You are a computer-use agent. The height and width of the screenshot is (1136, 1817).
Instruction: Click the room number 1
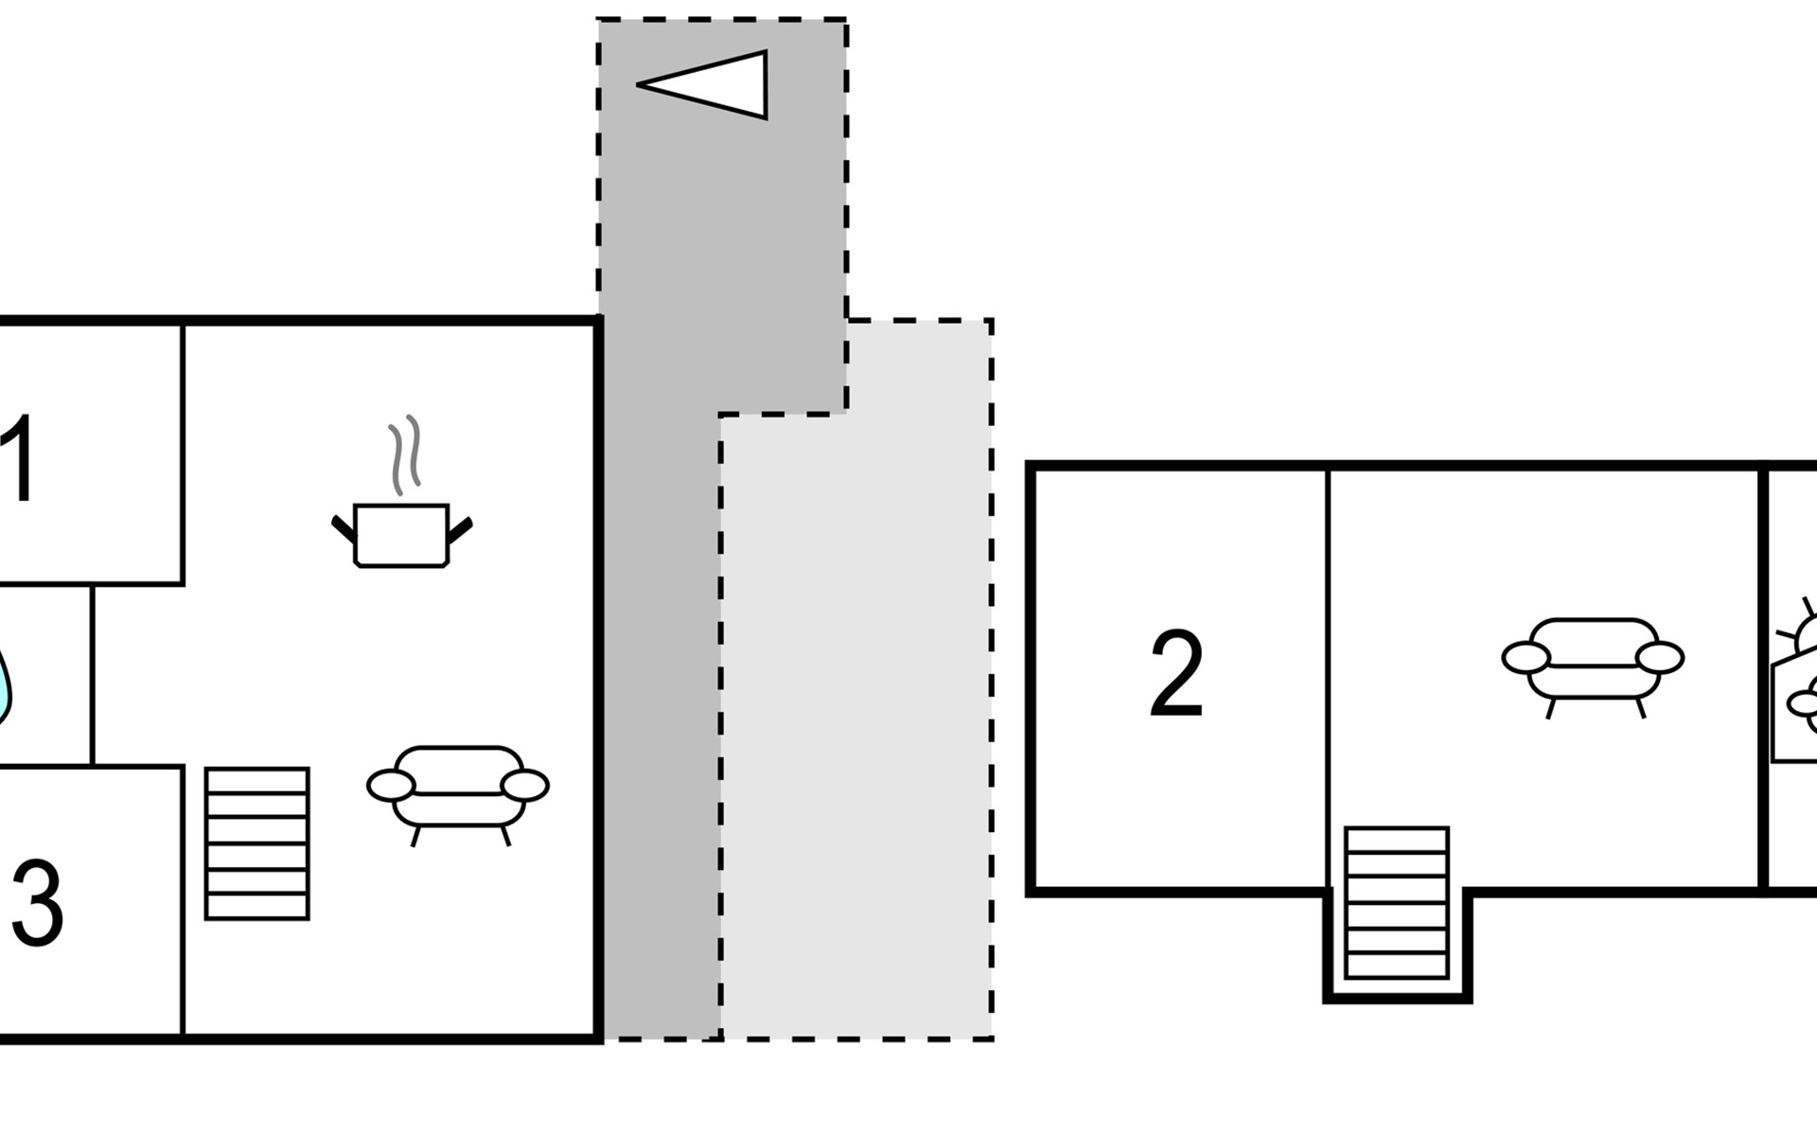click(x=19, y=460)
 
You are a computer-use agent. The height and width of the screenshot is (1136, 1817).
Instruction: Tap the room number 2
click(x=1176, y=674)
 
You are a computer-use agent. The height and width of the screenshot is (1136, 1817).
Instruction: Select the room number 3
click(x=38, y=903)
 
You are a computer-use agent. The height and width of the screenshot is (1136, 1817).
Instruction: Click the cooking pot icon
click(x=401, y=536)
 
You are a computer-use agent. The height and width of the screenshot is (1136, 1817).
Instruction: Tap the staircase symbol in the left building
click(x=257, y=843)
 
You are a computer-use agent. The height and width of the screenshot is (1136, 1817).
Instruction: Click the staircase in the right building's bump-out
click(x=1397, y=903)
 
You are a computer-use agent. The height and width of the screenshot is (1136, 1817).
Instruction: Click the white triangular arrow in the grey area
click(x=719, y=85)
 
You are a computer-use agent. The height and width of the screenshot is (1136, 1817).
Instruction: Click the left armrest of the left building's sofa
click(x=391, y=786)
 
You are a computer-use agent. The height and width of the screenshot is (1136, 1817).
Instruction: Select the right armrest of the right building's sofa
click(x=1660, y=657)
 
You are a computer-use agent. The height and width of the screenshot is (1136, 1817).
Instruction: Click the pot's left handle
click(x=343, y=529)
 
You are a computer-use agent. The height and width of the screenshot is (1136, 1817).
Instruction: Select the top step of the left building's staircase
click(x=257, y=781)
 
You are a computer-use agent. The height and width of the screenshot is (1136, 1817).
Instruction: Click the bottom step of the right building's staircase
click(x=1397, y=967)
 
